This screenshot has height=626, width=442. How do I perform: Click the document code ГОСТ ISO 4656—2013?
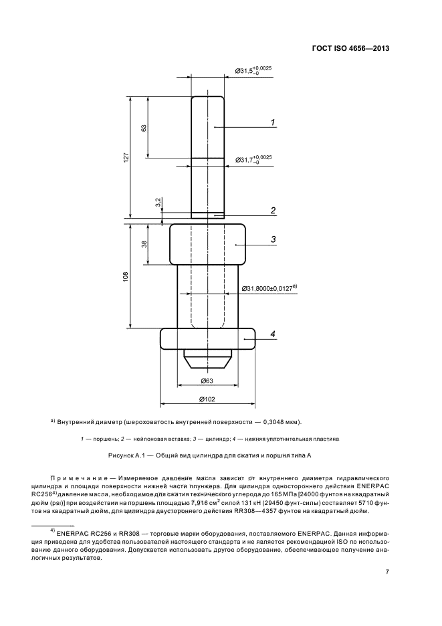pyautogui.click(x=350, y=49)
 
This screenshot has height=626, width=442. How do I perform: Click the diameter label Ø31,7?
pyautogui.click(x=253, y=159)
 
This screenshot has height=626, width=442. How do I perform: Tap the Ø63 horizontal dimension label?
pyautogui.click(x=206, y=381)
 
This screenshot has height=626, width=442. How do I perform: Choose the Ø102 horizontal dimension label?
pyautogui.click(x=207, y=399)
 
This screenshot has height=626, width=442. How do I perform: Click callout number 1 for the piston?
pyautogui.click(x=273, y=122)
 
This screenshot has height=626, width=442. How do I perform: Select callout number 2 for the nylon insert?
pyautogui.click(x=273, y=211)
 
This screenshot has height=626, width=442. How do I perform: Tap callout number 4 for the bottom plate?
pyautogui.click(x=273, y=334)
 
